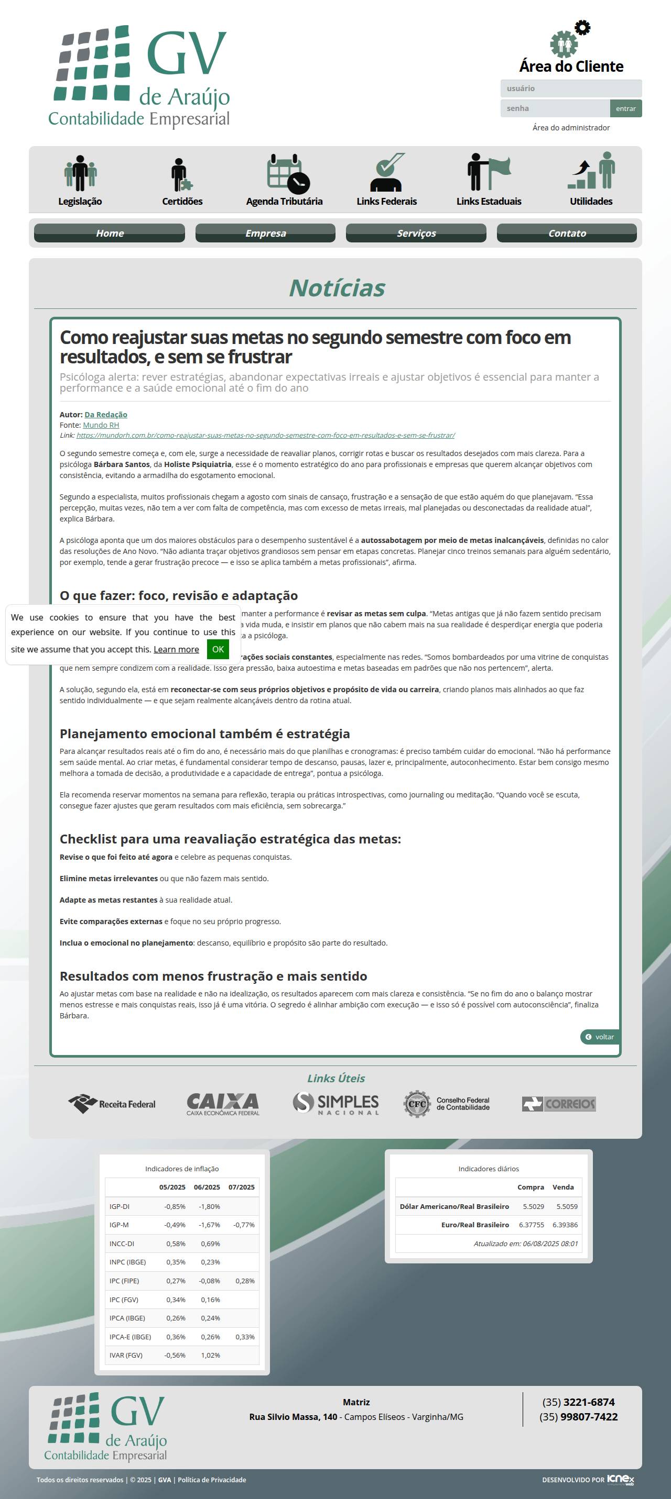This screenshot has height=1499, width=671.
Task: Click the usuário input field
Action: (x=571, y=88)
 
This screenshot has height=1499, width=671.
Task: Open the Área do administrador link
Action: (x=571, y=127)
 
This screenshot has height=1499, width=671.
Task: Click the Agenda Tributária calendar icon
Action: (x=288, y=173)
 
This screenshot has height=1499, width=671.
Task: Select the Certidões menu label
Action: (x=182, y=202)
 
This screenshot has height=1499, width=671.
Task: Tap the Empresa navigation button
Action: (x=265, y=233)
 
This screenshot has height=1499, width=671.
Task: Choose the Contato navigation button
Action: (x=566, y=233)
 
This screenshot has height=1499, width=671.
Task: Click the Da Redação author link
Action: (x=106, y=414)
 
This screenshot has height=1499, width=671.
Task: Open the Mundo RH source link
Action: (x=101, y=425)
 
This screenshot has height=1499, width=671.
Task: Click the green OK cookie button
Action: (x=218, y=649)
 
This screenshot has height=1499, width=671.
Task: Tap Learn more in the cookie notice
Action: (x=176, y=649)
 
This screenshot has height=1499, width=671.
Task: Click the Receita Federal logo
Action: (x=112, y=1103)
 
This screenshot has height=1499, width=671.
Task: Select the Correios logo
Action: (x=559, y=1103)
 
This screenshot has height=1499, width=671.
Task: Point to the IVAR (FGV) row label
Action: (x=126, y=1355)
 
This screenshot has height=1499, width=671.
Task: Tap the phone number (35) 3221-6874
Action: (x=578, y=1402)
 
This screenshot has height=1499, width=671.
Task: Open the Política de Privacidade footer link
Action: (x=211, y=1480)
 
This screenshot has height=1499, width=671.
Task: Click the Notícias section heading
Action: (x=337, y=288)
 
